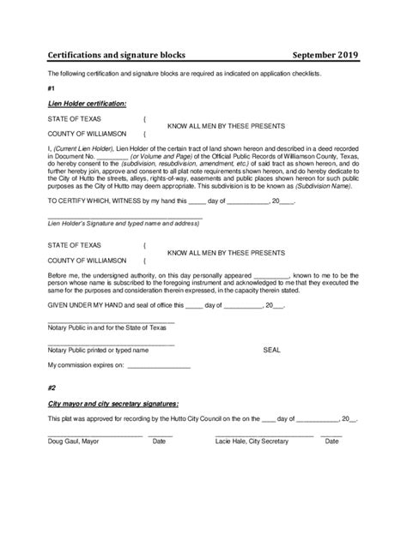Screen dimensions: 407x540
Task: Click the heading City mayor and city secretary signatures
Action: coord(113,403)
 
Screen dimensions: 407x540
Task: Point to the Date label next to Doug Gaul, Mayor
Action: coord(159,441)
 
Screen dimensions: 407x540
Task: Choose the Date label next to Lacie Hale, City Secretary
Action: coord(331,441)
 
